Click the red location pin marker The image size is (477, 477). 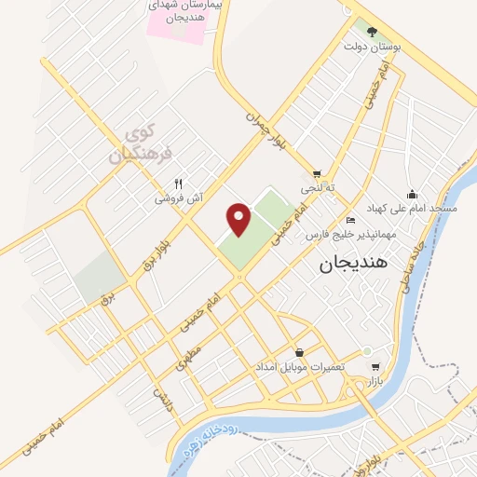(x=240, y=219)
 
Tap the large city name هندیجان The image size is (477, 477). (x=339, y=266)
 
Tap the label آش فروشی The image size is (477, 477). (x=177, y=198)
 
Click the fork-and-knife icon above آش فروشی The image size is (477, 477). (x=178, y=184)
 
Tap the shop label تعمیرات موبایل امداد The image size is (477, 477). (x=300, y=366)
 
